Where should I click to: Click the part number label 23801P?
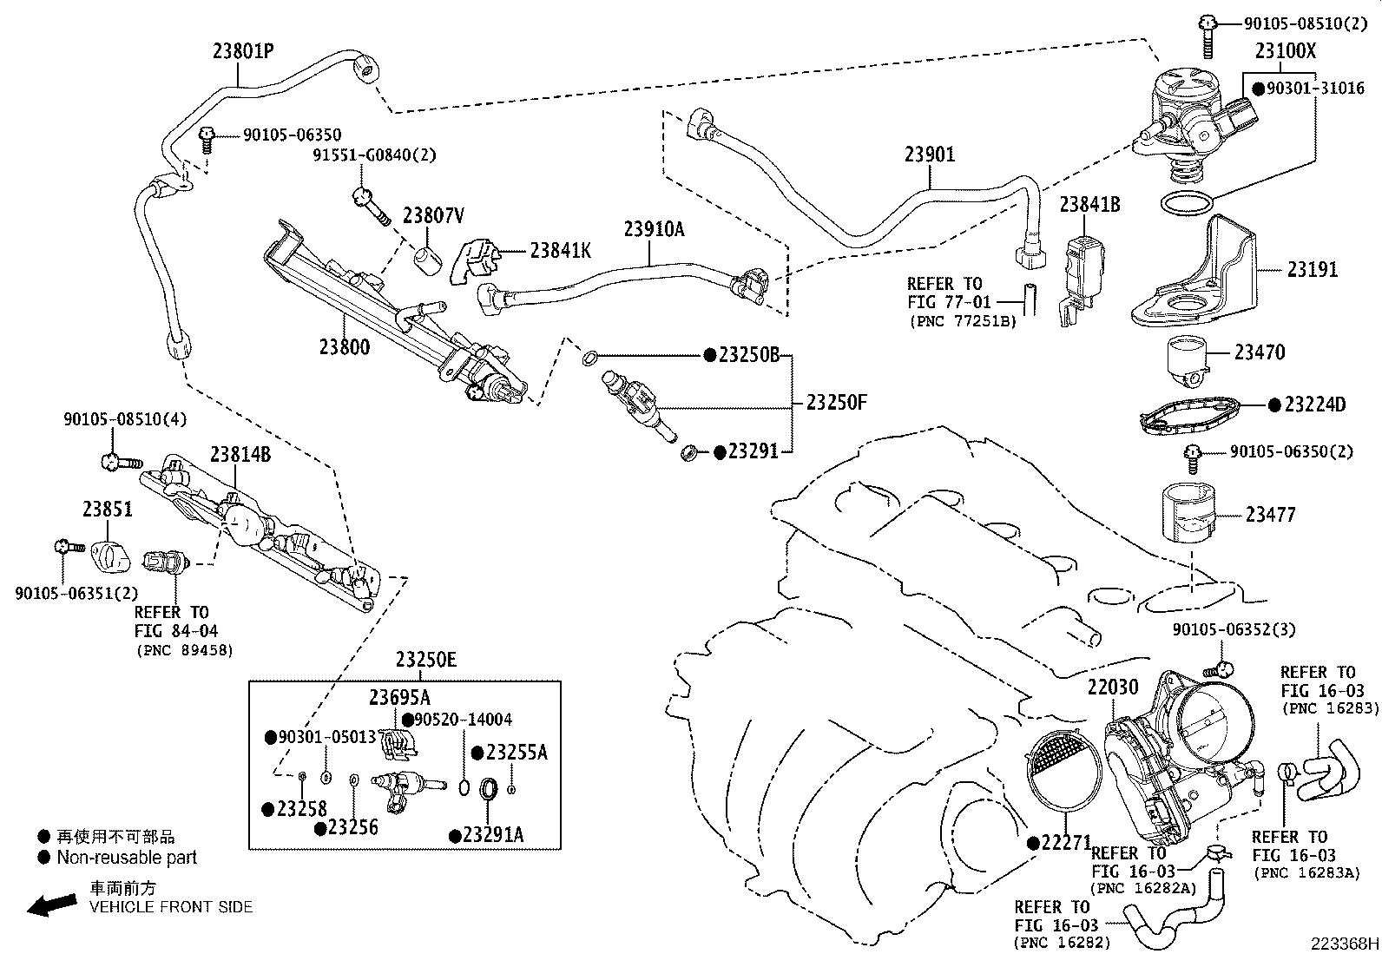[x=243, y=51]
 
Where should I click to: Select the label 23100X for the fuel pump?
[x=1285, y=51]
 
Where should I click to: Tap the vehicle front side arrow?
[x=51, y=905]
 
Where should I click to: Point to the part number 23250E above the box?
[x=425, y=661]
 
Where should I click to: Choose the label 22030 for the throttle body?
[x=1113, y=688]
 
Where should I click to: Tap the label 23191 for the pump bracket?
[x=1312, y=270]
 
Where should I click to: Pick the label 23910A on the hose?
[x=654, y=229]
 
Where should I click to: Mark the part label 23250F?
[x=836, y=403]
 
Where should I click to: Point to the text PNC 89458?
[x=184, y=650]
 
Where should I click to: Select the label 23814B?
[x=240, y=454]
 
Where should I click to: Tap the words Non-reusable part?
[x=127, y=858]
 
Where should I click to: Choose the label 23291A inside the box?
[x=493, y=835]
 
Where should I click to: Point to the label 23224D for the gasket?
[x=1314, y=405]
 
